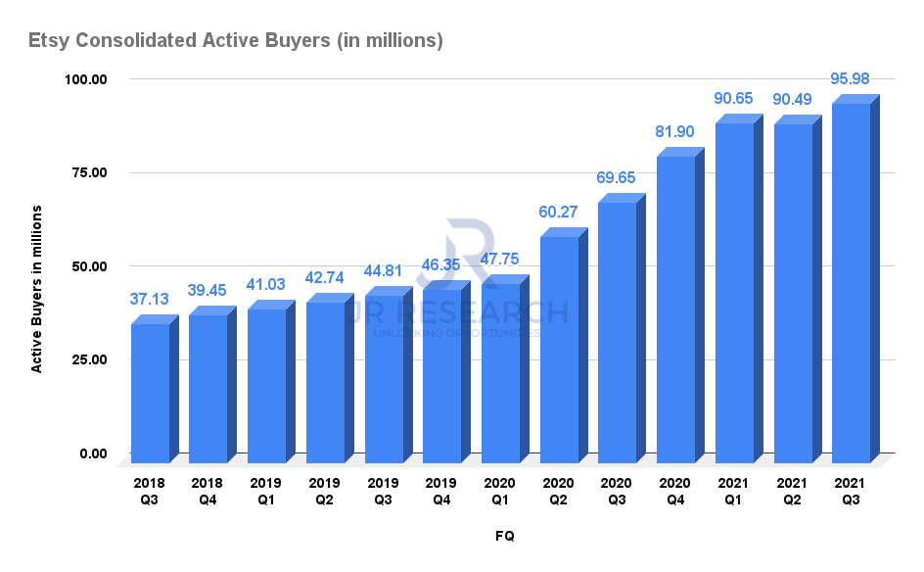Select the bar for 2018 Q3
pyautogui.click(x=150, y=392)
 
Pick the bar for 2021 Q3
pyautogui.click(x=851, y=284)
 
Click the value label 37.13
pyautogui.click(x=150, y=299)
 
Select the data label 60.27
pyautogui.click(x=559, y=211)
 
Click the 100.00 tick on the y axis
pyautogui.click(x=86, y=79)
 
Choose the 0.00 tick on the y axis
pyautogui.click(x=94, y=453)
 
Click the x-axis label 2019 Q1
pyautogui.click(x=266, y=490)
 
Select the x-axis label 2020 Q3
pyautogui.click(x=617, y=490)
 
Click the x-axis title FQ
pyautogui.click(x=503, y=537)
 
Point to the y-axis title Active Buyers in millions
pyautogui.click(x=37, y=289)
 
